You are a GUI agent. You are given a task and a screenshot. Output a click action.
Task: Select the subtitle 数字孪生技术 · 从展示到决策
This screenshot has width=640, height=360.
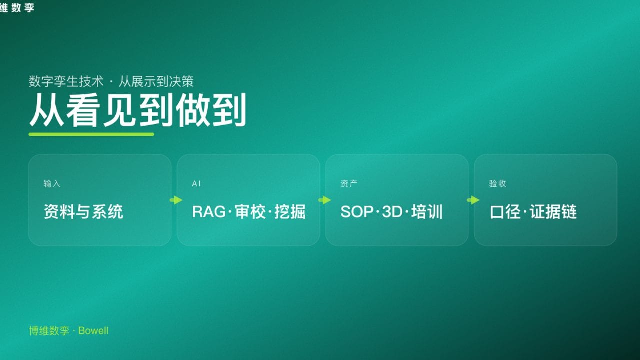pos(111,81)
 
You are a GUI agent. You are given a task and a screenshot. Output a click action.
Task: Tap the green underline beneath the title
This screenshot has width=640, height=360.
pos(91,134)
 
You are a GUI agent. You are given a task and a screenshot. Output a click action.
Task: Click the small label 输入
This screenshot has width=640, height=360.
pos(52,184)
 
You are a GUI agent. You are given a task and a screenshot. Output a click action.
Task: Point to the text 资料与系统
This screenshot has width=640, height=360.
pos(83,212)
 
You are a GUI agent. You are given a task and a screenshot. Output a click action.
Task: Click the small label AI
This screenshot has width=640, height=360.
pos(196,184)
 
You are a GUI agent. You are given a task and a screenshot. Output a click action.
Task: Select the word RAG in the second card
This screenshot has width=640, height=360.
pos(209,212)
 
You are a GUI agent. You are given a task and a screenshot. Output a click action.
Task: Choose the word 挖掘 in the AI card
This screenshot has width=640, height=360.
pos(290,212)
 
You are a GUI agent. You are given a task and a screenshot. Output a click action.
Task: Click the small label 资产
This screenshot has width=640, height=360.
pos(349,184)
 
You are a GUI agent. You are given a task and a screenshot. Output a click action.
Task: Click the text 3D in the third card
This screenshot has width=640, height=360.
pos(392,212)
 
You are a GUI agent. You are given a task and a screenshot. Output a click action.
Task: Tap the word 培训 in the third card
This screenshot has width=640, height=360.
pos(427,212)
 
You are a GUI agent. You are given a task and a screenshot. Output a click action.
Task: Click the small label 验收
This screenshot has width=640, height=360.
pos(497,184)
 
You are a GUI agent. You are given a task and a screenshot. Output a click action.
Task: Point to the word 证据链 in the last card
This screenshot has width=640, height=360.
pos(553,212)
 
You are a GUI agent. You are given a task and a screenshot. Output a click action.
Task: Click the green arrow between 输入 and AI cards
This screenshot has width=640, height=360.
pos(176,200)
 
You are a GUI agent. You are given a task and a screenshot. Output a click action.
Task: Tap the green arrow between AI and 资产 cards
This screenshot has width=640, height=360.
pos(324,200)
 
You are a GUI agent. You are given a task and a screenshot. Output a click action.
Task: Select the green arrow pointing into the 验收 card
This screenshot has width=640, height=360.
pos(473,200)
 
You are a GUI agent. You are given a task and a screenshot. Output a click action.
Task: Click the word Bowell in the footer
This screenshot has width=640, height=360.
pos(93,331)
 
